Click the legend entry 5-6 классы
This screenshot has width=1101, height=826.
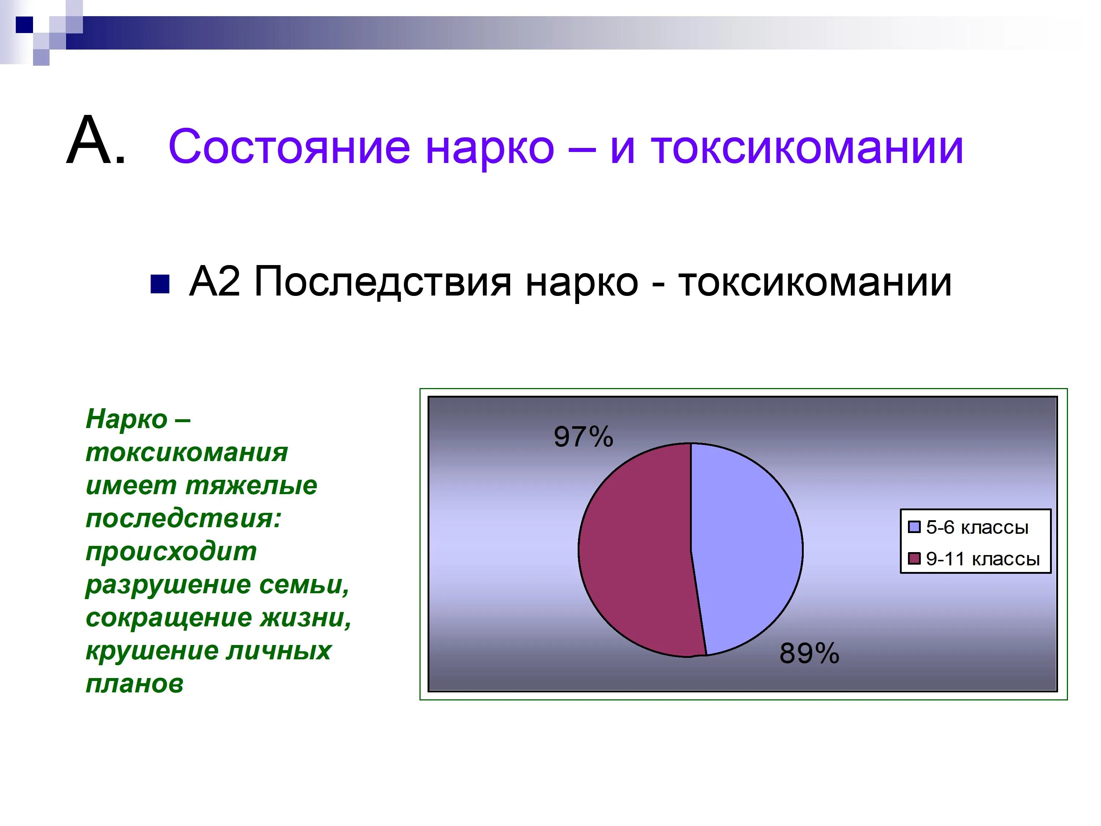(968, 527)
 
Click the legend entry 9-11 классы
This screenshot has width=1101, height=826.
(974, 559)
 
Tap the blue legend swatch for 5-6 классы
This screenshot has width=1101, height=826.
(914, 527)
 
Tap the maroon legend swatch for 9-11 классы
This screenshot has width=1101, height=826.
(914, 558)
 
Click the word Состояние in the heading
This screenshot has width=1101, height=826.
(290, 147)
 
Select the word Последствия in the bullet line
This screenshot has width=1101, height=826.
(382, 282)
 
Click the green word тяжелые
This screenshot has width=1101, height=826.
(251, 485)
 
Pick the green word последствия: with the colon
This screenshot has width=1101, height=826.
(183, 519)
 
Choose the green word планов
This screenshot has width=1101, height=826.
(134, 684)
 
